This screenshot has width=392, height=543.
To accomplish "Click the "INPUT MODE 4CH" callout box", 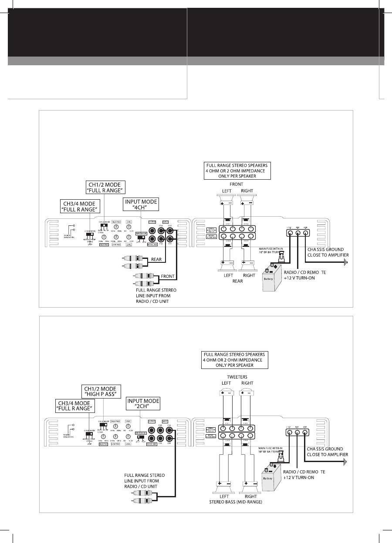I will pyautogui.click(x=141, y=204).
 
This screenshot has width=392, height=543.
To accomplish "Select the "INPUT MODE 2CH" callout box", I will pyautogui.click(x=143, y=403).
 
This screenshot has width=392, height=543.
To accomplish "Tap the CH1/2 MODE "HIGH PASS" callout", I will pyautogui.click(x=101, y=391).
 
